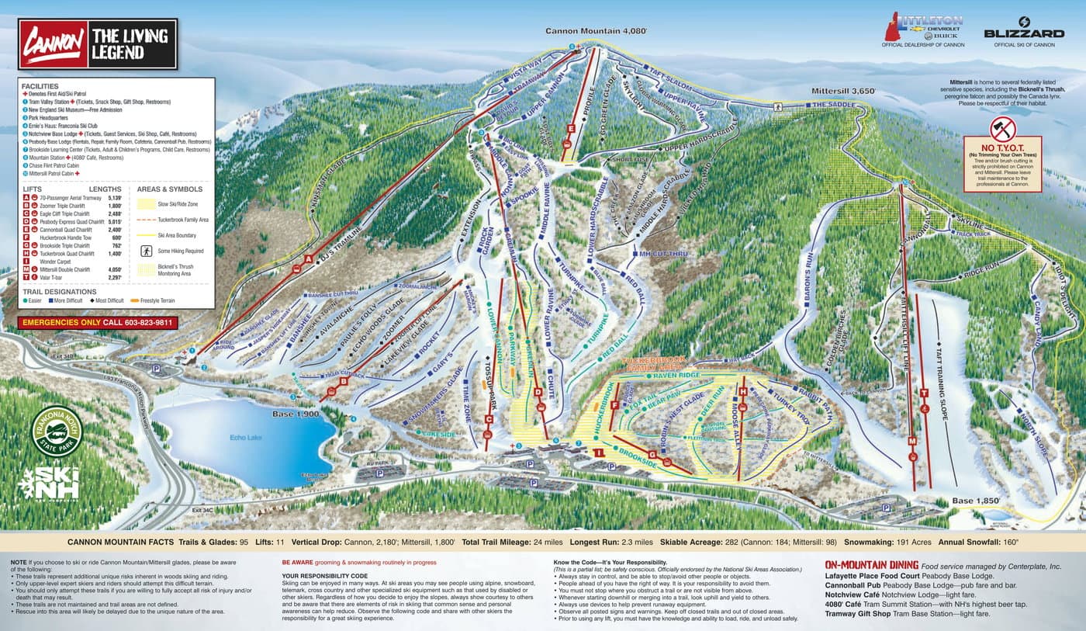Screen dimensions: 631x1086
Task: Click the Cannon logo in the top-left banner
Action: tap(54, 44)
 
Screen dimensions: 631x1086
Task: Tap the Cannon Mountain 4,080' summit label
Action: tap(596, 32)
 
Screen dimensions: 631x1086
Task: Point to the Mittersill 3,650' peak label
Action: tap(843, 91)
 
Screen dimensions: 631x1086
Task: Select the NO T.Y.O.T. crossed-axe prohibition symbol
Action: tap(1002, 128)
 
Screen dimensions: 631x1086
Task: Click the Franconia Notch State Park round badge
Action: tap(57, 431)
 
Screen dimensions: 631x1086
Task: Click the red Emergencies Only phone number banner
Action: tap(98, 322)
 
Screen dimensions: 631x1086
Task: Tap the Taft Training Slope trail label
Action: tap(943, 384)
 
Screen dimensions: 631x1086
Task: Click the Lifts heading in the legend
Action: tap(33, 189)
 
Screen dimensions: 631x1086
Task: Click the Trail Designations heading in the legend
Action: tap(59, 292)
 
